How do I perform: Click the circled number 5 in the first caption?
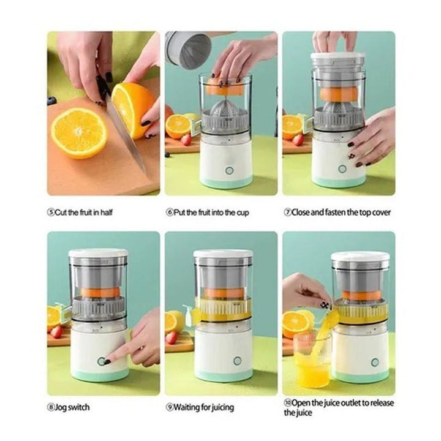pyautogui.click(x=50, y=213)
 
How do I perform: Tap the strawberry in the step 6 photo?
pyautogui.click(x=186, y=139)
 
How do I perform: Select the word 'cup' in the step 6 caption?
pyautogui.click(x=241, y=213)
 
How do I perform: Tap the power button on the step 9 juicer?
pyautogui.click(x=237, y=361)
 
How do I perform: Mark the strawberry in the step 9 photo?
pyautogui.click(x=171, y=337)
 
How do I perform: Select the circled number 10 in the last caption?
pyautogui.click(x=287, y=402)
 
